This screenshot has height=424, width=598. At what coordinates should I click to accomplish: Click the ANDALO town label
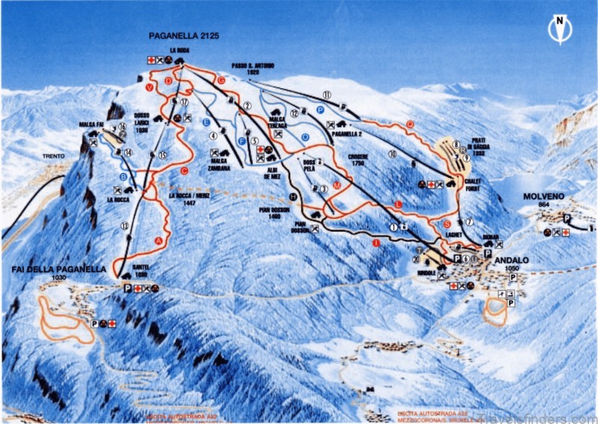pos(511,259)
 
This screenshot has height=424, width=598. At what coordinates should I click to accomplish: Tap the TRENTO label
pos(53,156)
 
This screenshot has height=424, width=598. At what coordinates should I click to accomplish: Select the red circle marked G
pos(221,79)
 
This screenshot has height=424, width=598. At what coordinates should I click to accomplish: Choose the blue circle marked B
pos(123,176)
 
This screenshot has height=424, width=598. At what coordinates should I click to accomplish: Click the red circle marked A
pos(158,240)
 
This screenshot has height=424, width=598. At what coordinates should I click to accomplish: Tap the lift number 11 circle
pos(327,94)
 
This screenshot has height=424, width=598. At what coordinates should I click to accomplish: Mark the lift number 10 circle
pos(392,154)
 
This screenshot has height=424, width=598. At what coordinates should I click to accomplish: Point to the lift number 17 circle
pos(183,102)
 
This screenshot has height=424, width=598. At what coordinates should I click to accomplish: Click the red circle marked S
pos(446,224)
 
